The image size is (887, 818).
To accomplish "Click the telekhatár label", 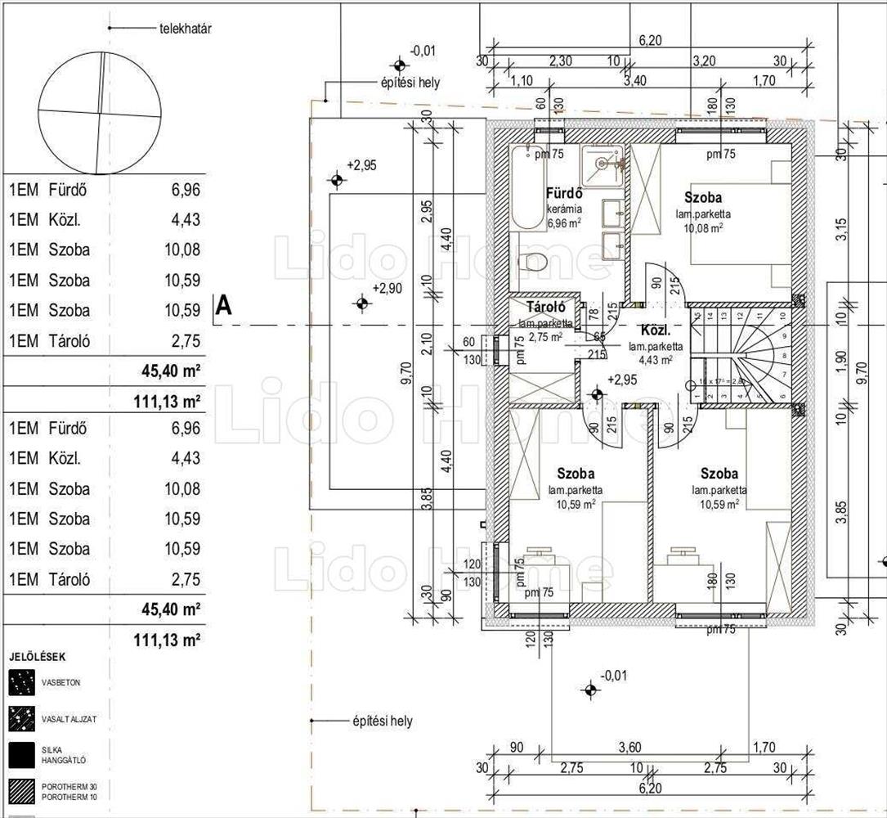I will pos(186,29).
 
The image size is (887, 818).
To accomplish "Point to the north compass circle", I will pos(100,113).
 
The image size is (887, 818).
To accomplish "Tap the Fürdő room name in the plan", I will pos(564,194).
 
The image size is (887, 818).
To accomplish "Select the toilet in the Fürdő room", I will pos(534,263).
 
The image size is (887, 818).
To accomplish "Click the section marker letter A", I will pos(223,306).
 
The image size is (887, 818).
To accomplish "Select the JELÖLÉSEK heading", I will pos(38,657).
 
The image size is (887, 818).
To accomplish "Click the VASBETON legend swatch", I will pos(22,682).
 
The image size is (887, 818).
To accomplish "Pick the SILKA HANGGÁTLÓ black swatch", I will pos(22,754).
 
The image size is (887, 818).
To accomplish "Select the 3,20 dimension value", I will pos(704,61).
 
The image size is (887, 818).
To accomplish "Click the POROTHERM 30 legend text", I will pos(65,786).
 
